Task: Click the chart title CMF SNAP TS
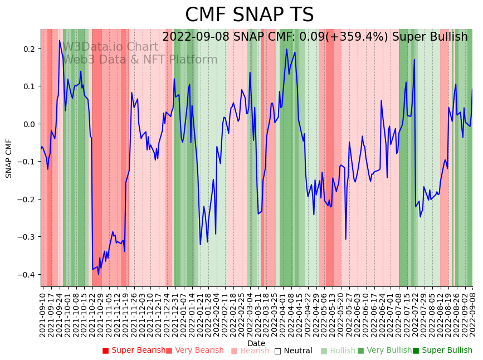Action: point(249,15)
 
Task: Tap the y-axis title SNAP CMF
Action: point(9,158)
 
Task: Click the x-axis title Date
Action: point(256,343)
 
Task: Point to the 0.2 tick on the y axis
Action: point(28,49)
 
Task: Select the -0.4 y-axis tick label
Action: point(27,275)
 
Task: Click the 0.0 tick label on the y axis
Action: point(28,124)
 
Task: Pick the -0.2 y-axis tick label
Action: point(27,200)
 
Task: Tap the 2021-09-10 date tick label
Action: point(43,313)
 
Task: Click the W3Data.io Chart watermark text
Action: point(110,47)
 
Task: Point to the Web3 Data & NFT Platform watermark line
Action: point(140,60)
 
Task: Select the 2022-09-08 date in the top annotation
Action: point(194,37)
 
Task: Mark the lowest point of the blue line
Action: point(99,274)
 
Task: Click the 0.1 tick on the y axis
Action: point(28,86)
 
